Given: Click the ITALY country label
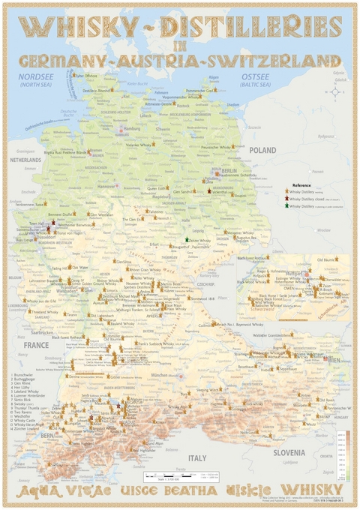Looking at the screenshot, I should (196, 457).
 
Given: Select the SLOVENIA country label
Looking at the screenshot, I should (289, 452).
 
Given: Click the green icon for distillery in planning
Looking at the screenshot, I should (286, 205).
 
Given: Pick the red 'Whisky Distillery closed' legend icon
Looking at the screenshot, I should (286, 198).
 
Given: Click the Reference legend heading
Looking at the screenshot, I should (301, 184).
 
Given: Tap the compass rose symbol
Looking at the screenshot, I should (334, 92).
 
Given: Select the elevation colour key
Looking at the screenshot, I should (342, 454).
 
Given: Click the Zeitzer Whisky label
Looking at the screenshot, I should (199, 241).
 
